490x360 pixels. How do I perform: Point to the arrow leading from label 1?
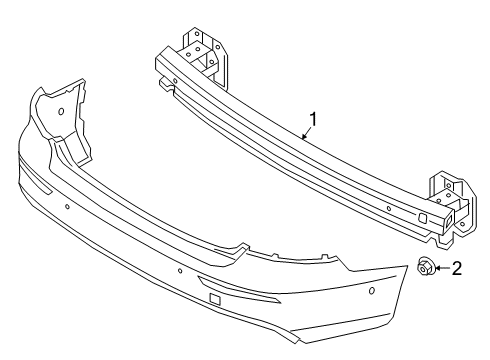click(x=305, y=133)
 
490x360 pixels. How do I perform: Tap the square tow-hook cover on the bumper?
click(x=215, y=298)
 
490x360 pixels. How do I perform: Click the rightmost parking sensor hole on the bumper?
click(x=372, y=291)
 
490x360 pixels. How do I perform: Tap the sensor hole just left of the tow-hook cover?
click(x=181, y=270)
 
